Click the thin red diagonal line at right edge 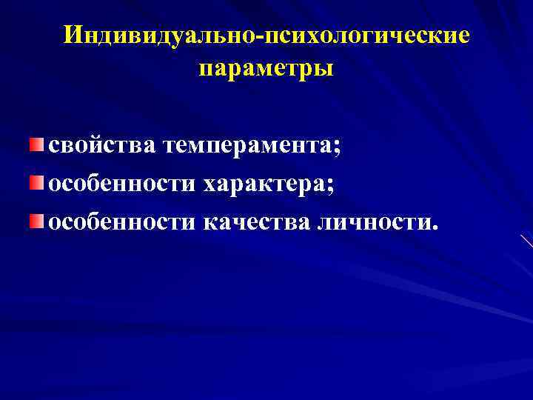(526, 241)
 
